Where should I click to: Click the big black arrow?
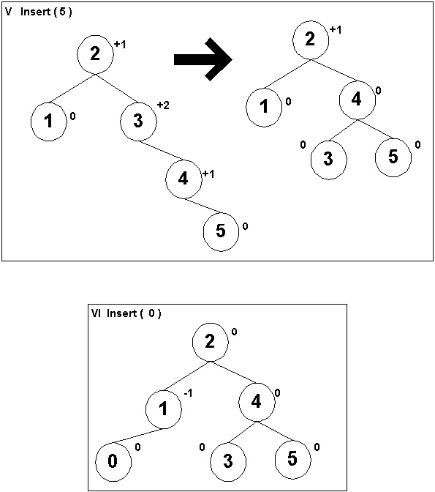pos(204,59)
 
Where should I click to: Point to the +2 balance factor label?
pos(163,105)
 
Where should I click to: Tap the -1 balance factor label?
pos(188,393)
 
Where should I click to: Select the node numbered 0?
pos(113,461)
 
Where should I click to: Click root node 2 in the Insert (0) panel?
pos(210,341)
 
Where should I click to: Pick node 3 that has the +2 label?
pos(138,121)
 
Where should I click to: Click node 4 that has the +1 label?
pos(184,179)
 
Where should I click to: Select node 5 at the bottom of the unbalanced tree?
pos(222,231)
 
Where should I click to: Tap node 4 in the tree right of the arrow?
pos(358,100)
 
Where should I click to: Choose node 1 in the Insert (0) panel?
pos(164,409)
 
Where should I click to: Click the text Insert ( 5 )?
pos(46,12)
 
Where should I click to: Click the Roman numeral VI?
pos(96,313)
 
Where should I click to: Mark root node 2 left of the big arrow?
pos(95,54)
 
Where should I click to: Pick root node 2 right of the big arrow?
pos(311,40)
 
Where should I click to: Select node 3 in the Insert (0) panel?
pos(228,461)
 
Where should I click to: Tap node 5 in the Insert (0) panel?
pos(293,459)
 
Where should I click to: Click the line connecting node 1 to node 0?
pos(137,436)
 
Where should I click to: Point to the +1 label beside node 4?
pos(208,174)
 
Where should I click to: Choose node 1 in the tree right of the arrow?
pos(264,107)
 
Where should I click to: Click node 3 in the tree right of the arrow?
pos(329,159)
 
